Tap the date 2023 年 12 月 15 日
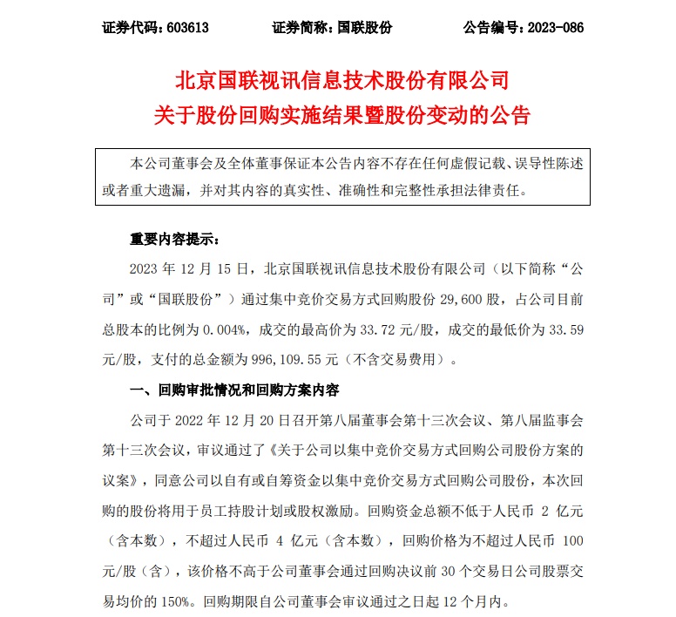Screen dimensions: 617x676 pos(179,265)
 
